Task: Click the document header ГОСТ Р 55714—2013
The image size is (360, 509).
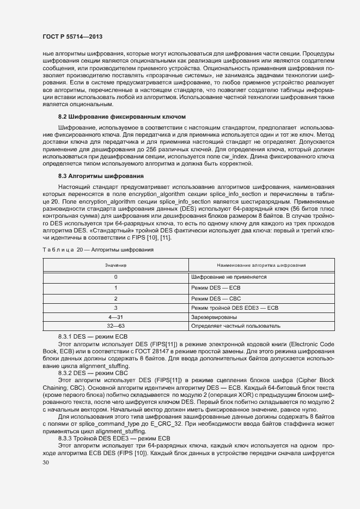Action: click(x=72, y=36)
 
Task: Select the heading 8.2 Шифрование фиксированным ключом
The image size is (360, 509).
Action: click(x=123, y=116)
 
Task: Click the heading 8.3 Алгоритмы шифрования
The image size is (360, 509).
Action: click(x=101, y=176)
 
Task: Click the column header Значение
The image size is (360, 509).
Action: click(x=115, y=265)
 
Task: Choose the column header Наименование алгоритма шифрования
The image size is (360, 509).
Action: click(x=261, y=265)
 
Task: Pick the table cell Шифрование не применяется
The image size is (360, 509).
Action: click(x=229, y=277)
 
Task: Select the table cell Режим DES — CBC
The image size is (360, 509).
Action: click(x=216, y=298)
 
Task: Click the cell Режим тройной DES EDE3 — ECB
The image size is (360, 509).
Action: click(x=235, y=308)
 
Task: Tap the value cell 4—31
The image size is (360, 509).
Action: click(x=115, y=316)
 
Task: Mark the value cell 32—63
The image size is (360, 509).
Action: click(x=115, y=326)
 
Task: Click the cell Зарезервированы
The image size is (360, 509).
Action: click(x=213, y=316)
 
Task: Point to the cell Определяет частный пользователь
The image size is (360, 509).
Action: click(x=236, y=326)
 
